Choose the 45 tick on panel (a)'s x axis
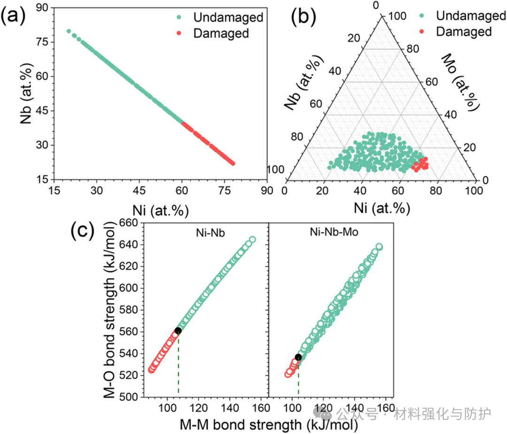[139, 191]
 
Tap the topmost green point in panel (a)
[69, 31]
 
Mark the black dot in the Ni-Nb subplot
[178, 331]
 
